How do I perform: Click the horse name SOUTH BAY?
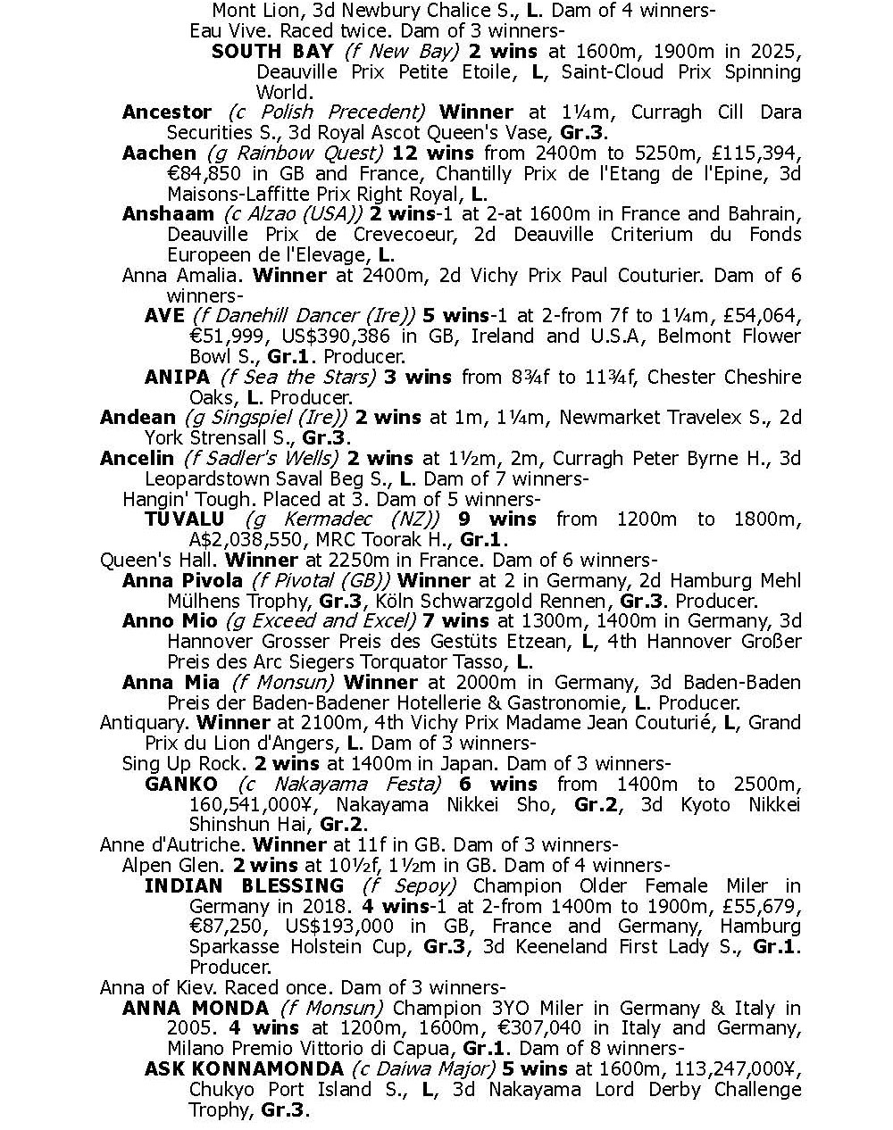(272, 51)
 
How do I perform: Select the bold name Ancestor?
(167, 112)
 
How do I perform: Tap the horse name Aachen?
(159, 153)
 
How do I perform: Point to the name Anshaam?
(168, 214)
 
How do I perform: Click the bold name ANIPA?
(178, 378)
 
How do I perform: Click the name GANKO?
(180, 785)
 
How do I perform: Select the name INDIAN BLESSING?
(244, 886)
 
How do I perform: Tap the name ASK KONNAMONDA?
(244, 1069)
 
